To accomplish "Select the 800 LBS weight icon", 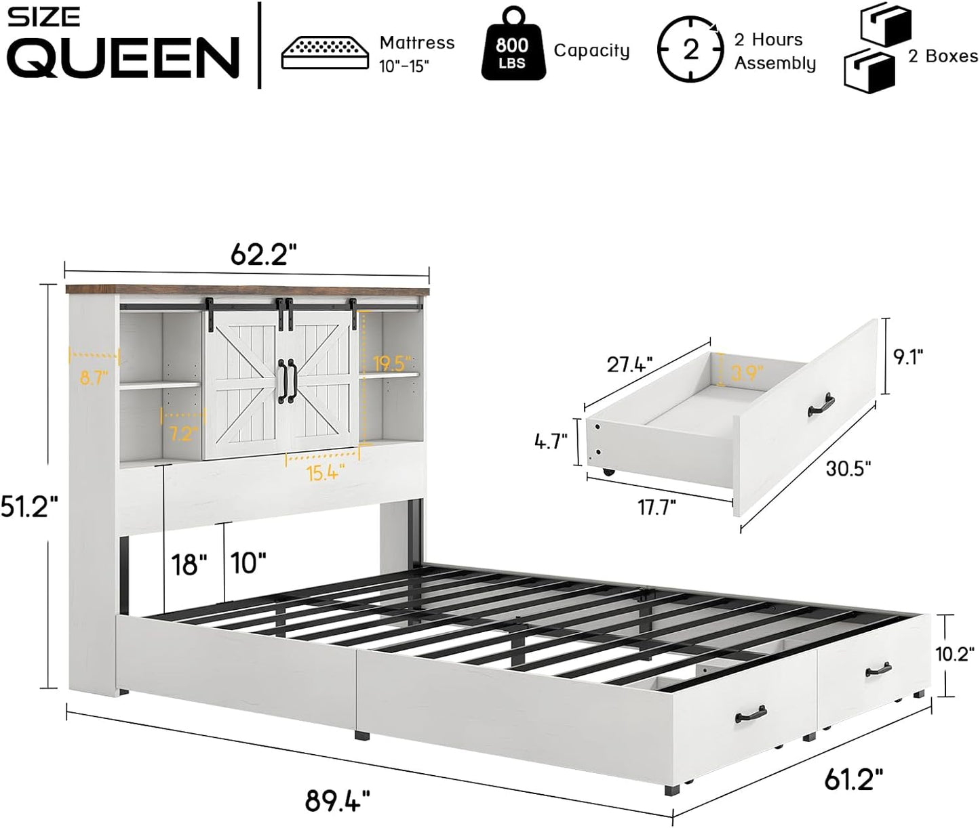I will point(512,51).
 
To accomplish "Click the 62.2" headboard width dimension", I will point(264,255).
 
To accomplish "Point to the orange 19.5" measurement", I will point(391,363).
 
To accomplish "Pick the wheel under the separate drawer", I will point(607,471).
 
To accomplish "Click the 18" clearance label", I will point(189,563).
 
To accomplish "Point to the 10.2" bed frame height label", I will point(958,654).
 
